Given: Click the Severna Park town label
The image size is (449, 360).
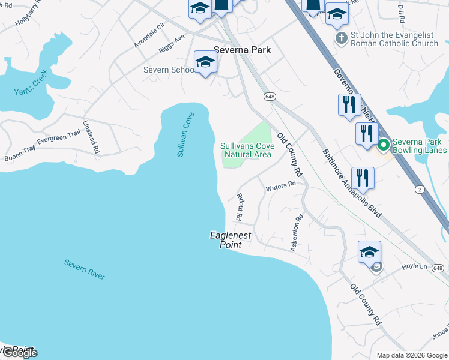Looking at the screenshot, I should [243, 50].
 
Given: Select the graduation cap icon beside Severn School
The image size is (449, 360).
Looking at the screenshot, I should [205, 62].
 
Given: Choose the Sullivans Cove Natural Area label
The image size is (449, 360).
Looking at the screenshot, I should [247, 150].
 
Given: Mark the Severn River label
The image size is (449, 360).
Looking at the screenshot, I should [84, 269].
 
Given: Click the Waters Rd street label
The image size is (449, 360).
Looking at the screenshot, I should [281, 187].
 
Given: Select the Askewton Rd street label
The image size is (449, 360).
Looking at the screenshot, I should [297, 233].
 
